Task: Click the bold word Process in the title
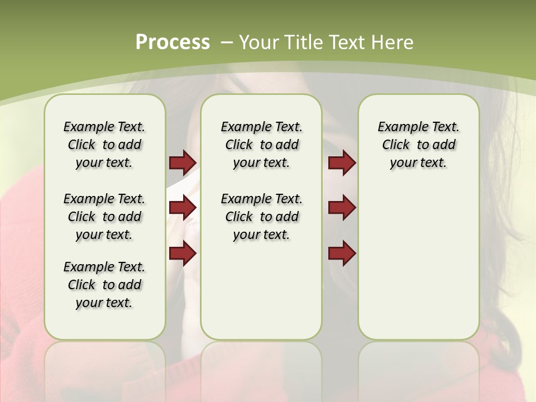tap(173, 42)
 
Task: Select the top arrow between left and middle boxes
tap(183, 162)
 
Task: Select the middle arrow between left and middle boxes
tap(183, 208)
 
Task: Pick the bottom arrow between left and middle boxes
tap(183, 253)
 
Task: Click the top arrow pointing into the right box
tap(342, 162)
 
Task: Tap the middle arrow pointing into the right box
tap(342, 208)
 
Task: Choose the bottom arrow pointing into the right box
tap(342, 253)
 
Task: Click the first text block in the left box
tap(104, 145)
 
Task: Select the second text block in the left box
tap(104, 217)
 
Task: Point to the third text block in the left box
tap(104, 285)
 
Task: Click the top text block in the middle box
tap(261, 145)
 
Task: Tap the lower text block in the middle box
tap(261, 217)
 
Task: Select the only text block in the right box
tap(418, 145)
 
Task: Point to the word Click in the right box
tap(396, 145)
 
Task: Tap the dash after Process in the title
tap(227, 42)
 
